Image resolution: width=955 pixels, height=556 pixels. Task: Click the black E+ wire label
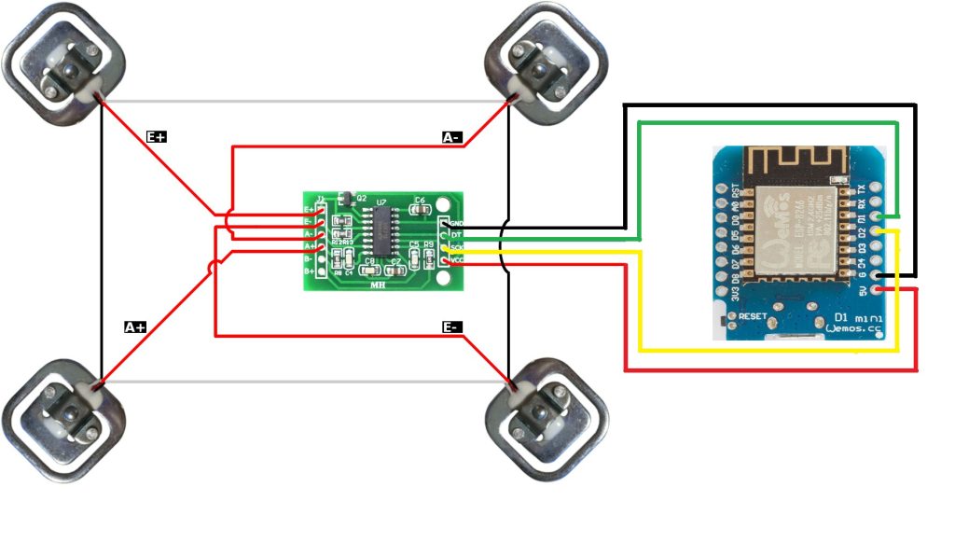coord(157,136)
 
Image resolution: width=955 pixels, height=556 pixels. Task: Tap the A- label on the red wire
coord(451,137)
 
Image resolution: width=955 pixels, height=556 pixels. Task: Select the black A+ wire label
coord(135,327)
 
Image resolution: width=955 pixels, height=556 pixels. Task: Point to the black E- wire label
coord(451,327)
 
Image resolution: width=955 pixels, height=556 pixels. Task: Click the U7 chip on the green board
coord(381,227)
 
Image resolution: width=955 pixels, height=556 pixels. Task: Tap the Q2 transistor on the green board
coord(344,198)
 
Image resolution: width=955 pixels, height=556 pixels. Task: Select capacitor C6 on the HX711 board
coord(419,206)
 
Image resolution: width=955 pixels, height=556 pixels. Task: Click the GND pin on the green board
coord(445,224)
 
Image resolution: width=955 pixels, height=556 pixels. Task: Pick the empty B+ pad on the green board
coord(322,271)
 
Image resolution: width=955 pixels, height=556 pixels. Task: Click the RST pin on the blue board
coord(721,188)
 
